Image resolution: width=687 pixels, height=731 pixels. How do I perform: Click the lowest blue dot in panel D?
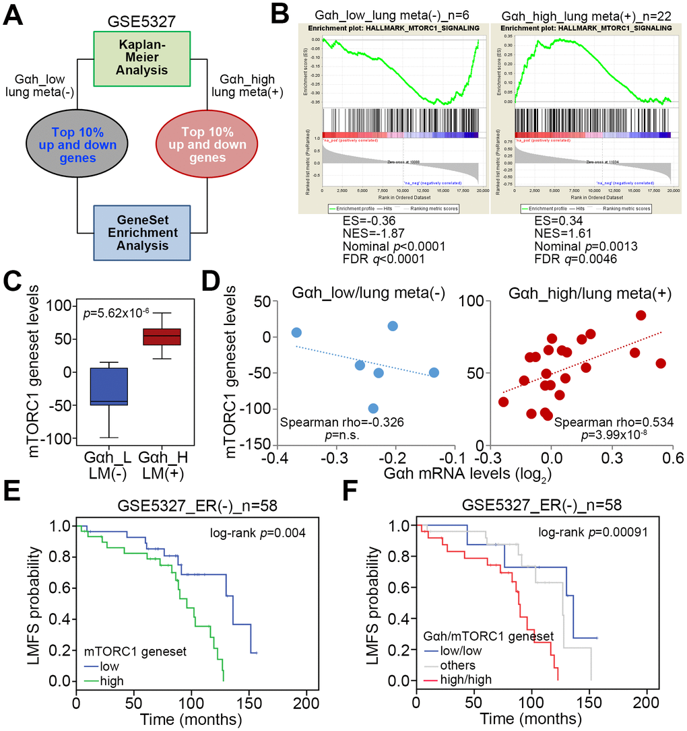373,408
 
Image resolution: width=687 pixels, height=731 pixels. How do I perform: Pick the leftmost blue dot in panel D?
296,333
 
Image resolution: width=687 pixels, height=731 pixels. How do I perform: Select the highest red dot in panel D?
641,315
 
